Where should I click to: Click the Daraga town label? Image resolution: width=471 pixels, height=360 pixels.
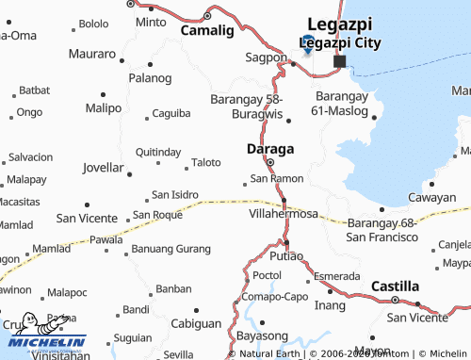point(269,149)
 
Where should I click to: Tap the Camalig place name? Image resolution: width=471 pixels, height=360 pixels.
point(206,30)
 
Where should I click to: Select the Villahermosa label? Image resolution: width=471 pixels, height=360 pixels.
point(283,214)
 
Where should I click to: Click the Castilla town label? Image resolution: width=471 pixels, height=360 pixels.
point(395,286)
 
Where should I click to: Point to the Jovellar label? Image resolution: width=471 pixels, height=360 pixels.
point(104,168)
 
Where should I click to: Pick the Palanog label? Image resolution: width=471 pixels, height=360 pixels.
point(152,77)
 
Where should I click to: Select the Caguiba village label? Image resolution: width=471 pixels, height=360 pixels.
point(171,113)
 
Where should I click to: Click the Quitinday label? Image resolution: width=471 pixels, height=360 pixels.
point(158,152)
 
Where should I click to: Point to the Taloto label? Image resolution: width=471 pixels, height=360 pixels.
point(206,162)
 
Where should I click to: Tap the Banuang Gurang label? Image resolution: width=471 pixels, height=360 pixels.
point(171,249)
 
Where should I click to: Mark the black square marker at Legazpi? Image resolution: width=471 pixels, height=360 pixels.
point(339,61)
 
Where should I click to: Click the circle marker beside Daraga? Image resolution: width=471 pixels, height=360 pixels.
point(269,162)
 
